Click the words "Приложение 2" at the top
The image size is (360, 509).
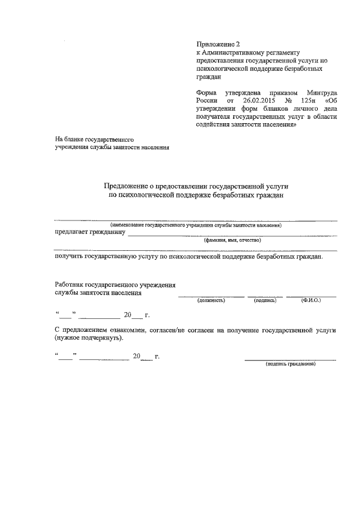216,43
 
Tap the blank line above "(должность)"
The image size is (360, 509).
211,296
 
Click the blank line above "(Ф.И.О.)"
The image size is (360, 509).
311,296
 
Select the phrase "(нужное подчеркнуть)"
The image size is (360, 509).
87,339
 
